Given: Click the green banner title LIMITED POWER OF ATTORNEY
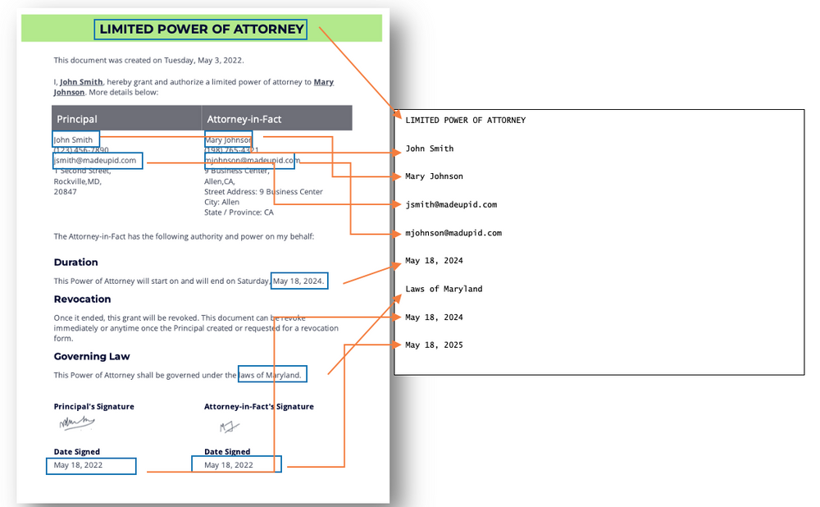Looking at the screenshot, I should click(201, 30).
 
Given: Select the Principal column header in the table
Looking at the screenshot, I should click(77, 119).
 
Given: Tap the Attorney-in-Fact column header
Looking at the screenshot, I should click(244, 119).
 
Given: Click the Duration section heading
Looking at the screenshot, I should click(75, 263).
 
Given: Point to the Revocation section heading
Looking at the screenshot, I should click(82, 299).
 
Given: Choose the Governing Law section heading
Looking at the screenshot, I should click(92, 357).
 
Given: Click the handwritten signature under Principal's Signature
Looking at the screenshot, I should click(76, 423).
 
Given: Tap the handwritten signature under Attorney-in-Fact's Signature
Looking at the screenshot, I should click(230, 427).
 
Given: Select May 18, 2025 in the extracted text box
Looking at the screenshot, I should click(434, 345).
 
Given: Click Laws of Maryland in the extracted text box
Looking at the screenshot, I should click(444, 289).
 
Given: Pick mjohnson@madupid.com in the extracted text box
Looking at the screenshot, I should click(453, 233).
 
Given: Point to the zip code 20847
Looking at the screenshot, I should click(65, 192).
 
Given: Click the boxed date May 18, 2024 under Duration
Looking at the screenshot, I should click(299, 281).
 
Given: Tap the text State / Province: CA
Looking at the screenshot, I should click(239, 212).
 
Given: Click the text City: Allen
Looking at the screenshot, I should click(222, 202).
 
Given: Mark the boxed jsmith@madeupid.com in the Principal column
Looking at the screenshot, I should click(95, 161).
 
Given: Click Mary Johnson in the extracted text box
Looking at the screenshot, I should click(434, 176).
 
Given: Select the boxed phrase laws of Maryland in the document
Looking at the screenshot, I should click(271, 375).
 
